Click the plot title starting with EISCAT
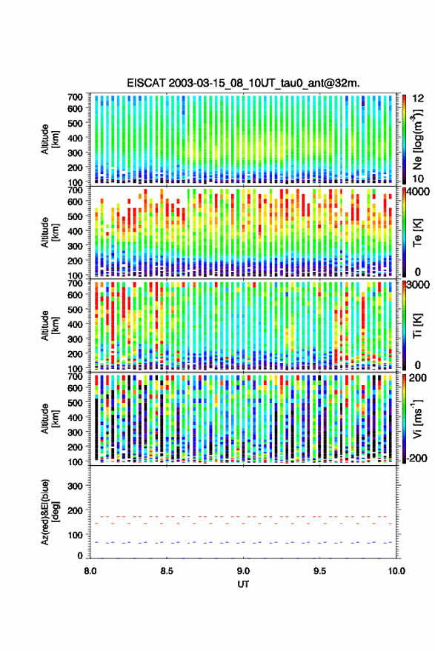(243, 83)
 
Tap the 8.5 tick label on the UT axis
(167, 571)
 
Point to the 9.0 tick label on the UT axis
(244, 571)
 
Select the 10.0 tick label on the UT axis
(396, 571)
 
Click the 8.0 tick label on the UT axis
(90, 571)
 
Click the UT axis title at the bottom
(244, 584)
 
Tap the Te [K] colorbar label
(417, 233)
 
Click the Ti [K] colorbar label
(417, 326)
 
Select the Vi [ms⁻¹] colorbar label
(417, 418)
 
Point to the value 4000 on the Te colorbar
(417, 192)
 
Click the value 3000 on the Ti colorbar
(417, 285)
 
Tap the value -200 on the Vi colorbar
(416, 458)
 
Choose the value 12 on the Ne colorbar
(418, 99)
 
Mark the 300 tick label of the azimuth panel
(76, 486)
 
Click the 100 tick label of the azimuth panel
(76, 535)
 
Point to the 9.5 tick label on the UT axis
(320, 571)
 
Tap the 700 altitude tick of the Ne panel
(75, 97)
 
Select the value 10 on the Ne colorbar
(418, 179)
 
